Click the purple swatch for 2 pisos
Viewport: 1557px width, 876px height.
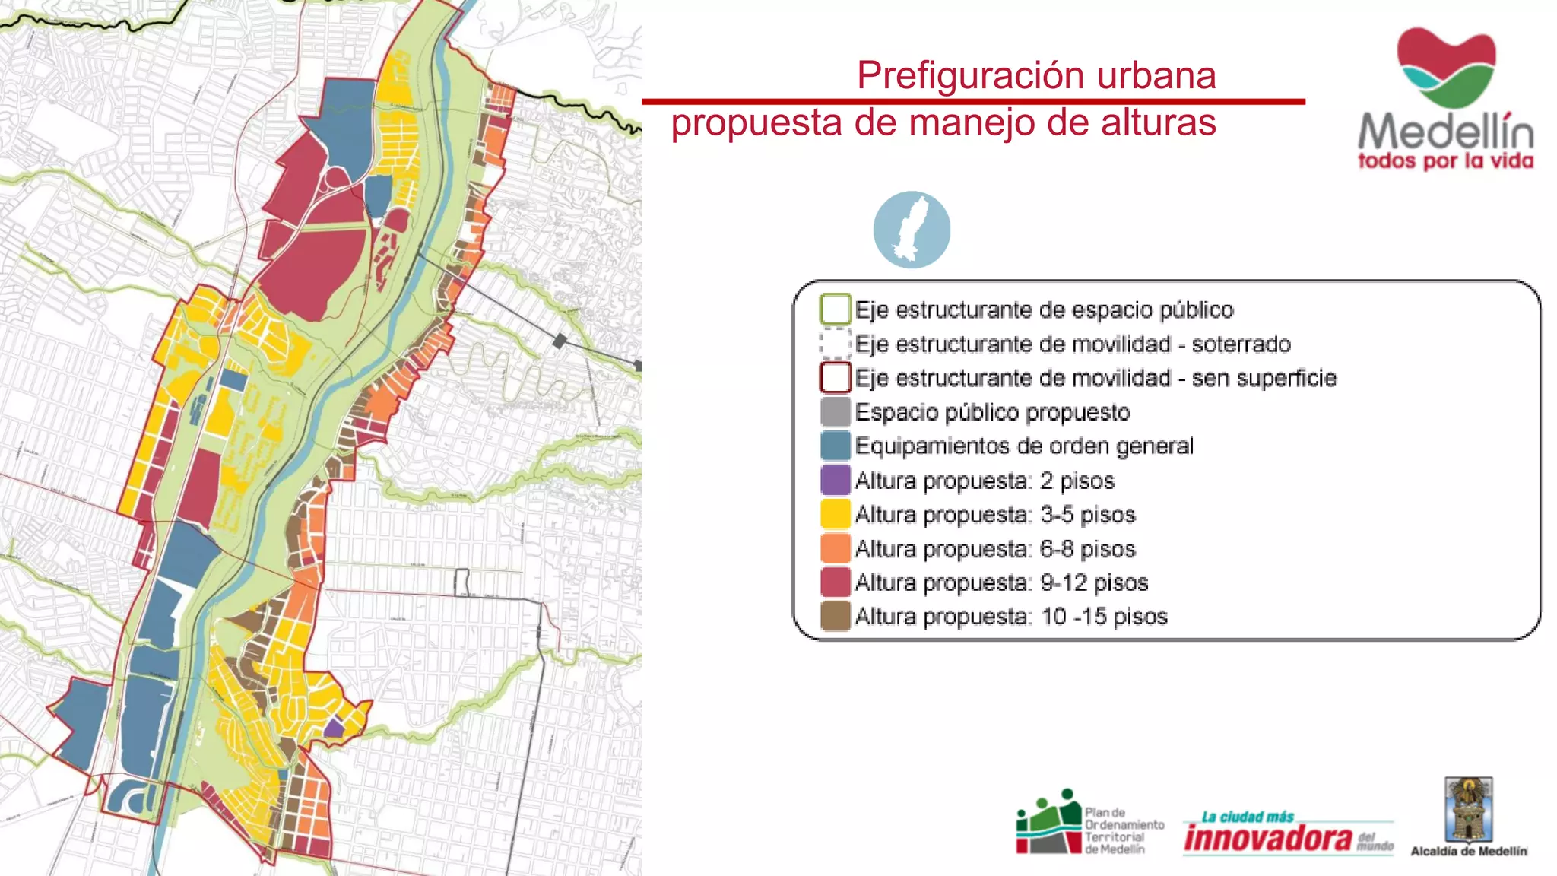pos(835,481)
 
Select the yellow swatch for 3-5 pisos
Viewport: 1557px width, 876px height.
pos(835,515)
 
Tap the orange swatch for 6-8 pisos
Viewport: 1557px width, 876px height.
pos(835,548)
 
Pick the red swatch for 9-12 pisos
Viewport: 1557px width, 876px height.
pos(835,582)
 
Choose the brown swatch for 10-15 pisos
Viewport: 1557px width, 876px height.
pos(835,616)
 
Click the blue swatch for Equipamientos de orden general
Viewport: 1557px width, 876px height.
pos(835,446)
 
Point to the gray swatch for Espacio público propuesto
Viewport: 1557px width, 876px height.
pos(835,412)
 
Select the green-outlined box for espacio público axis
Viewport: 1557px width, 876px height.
pos(835,309)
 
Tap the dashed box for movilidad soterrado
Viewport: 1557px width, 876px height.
pos(835,344)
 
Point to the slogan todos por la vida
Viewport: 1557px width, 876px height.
pos(1445,161)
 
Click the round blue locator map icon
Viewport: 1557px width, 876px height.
pos(912,230)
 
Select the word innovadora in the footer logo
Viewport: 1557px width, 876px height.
pos(1268,839)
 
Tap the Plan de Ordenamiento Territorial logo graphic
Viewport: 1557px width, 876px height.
pos(1049,824)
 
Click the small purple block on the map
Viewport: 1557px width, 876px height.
pos(334,728)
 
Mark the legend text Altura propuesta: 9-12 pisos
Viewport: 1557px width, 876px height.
pos(1000,582)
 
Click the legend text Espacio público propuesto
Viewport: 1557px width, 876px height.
pos(992,412)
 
